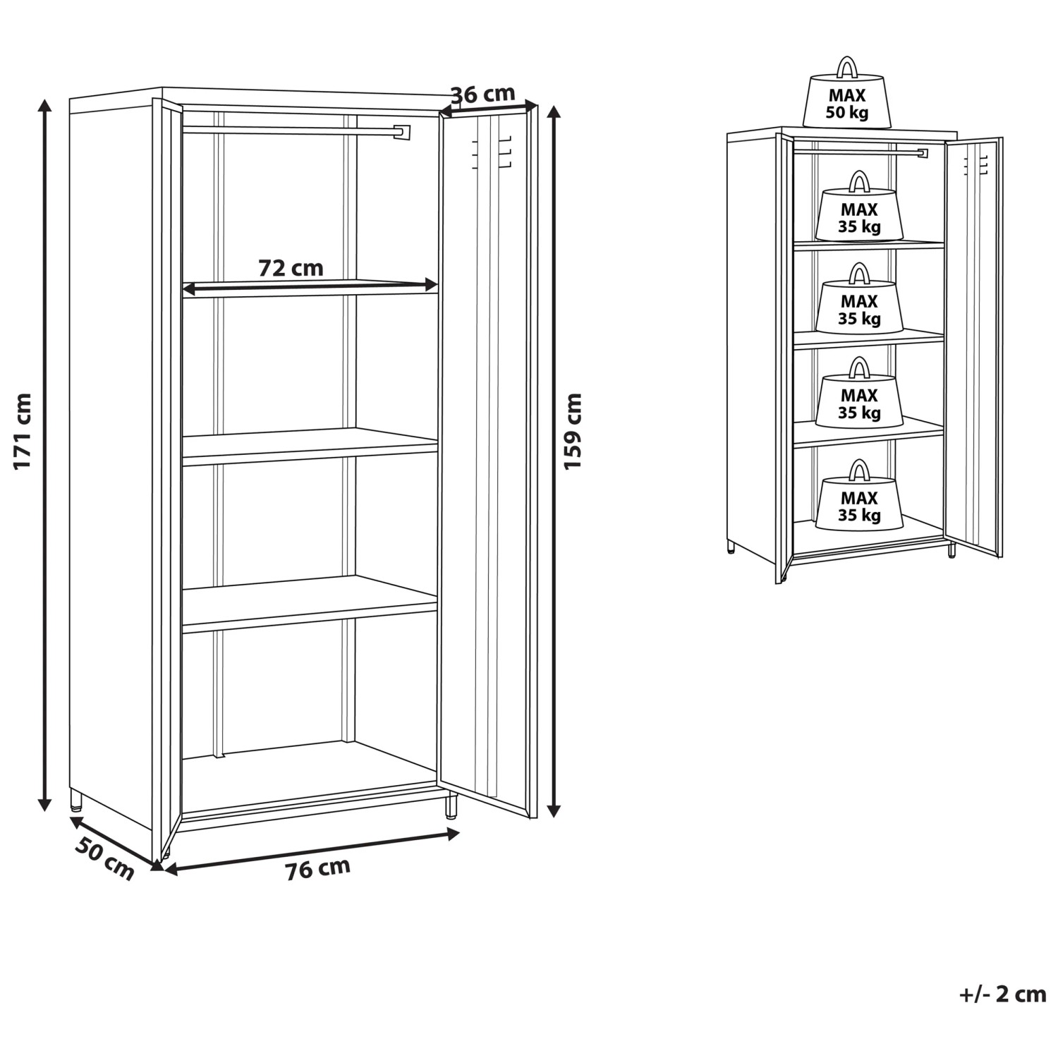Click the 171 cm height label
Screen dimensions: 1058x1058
[x=23, y=431]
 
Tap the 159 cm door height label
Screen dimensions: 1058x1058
[x=573, y=431]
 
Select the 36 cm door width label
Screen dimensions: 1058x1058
[x=483, y=93]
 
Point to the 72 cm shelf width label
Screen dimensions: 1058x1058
[x=291, y=268]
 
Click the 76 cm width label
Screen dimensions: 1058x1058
[x=317, y=868]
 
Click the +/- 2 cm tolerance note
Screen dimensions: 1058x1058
[x=1002, y=995]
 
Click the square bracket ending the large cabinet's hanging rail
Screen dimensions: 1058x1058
[x=401, y=133]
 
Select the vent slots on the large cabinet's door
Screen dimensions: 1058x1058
[x=490, y=152]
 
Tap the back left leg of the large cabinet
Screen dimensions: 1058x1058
[x=75, y=798]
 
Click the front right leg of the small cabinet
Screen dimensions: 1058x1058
[x=951, y=549]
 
